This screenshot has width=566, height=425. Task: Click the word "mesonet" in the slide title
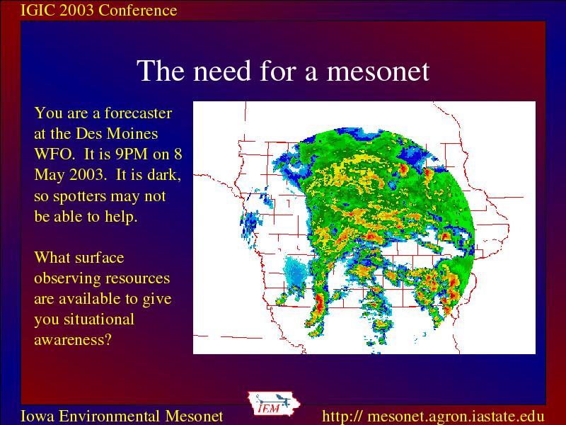coord(378,71)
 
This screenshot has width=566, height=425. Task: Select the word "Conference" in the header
coord(137,10)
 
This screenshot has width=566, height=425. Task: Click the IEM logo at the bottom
coord(273,404)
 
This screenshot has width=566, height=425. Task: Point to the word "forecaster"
coord(138,113)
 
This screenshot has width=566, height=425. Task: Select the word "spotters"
coord(79,197)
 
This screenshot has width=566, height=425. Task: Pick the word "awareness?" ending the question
coord(73,340)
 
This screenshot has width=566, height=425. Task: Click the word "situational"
coord(99,319)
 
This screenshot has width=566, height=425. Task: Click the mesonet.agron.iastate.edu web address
coord(433,416)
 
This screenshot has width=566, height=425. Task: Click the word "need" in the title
coord(222,71)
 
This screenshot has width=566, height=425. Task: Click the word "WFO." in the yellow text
coord(54,154)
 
